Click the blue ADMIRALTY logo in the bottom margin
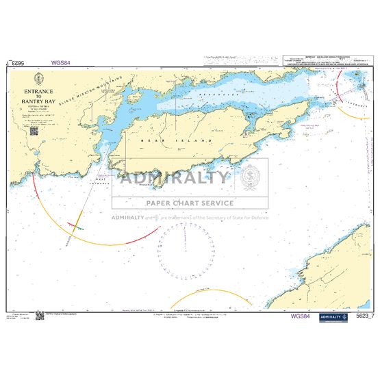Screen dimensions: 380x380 (333, 316)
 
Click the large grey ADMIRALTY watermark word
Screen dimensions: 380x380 (175, 178)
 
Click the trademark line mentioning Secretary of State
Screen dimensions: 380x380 (190, 218)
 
